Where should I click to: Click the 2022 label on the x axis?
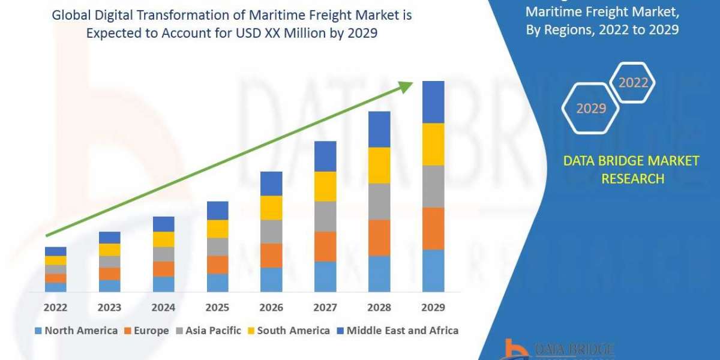point(55,307)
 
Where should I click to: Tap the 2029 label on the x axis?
point(433,307)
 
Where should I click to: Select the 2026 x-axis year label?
point(271,307)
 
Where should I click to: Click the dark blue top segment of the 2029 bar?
point(433,102)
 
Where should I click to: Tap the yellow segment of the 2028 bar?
point(379,165)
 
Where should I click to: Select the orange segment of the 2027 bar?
point(325,246)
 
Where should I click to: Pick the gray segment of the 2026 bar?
point(271,231)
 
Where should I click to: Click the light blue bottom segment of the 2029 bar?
point(433,271)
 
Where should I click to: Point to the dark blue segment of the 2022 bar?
point(55,251)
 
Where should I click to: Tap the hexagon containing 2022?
point(632,83)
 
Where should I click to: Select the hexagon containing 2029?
point(590,109)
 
